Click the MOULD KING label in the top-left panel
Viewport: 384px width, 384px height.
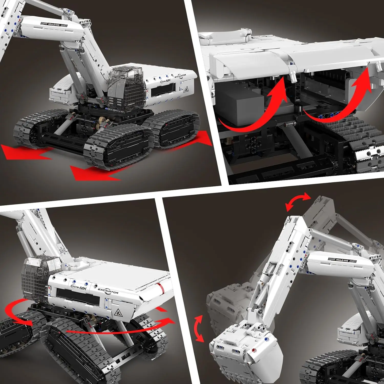pyautogui.click(x=54, y=24)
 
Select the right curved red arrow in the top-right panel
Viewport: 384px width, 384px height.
pyautogui.click(x=346, y=100)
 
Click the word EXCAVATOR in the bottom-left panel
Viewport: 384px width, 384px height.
pyautogui.click(x=108, y=291)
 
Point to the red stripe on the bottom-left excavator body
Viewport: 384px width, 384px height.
pyautogui.click(x=160, y=288)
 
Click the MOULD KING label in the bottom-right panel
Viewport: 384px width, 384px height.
pyautogui.click(x=342, y=260)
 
